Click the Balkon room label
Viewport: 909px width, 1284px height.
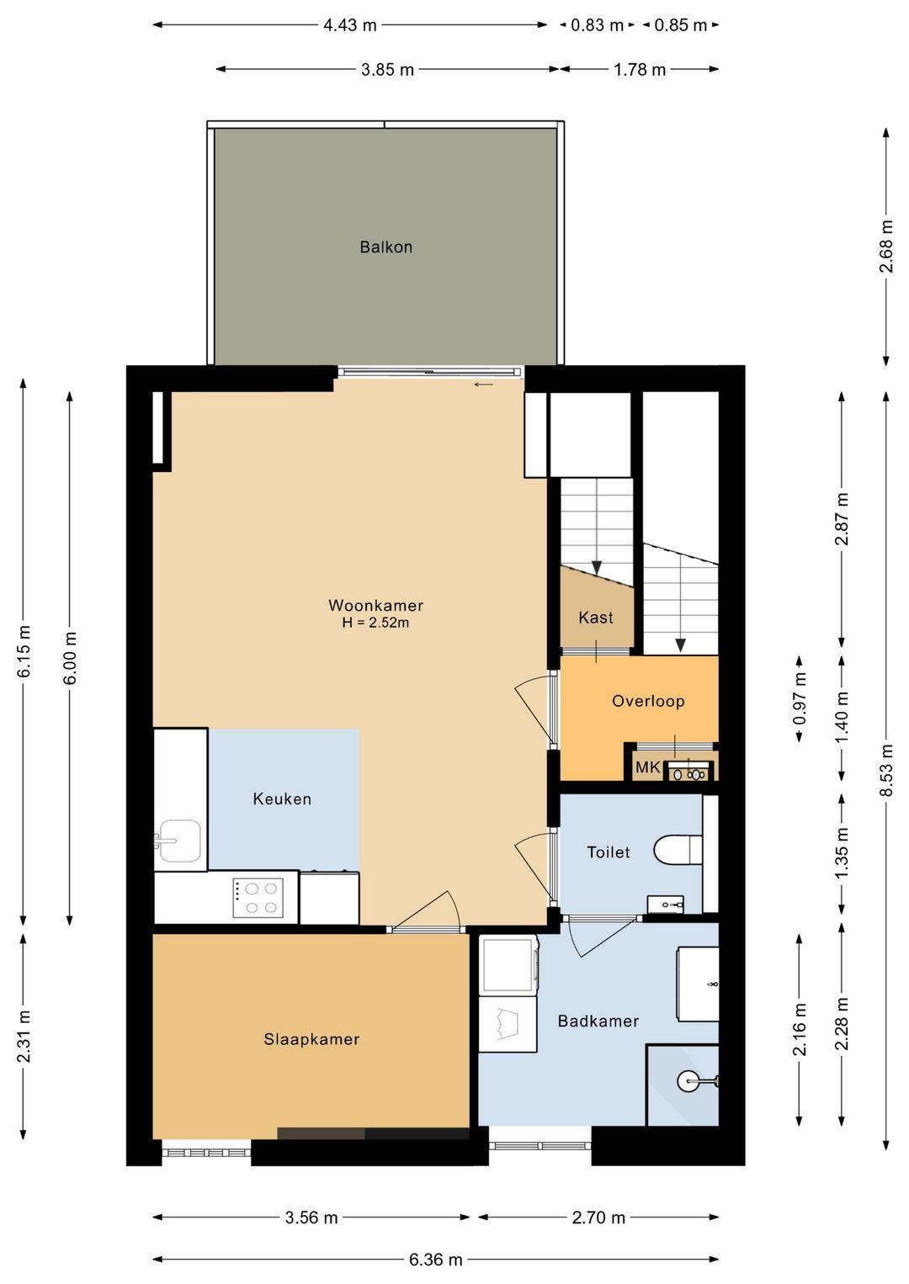[386, 247]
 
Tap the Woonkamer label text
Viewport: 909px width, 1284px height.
[375, 605]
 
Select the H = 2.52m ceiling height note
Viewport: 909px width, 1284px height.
[375, 623]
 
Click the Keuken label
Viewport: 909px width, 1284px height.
[282, 799]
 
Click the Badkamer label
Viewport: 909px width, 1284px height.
[598, 1021]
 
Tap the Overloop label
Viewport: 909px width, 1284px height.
[648, 701]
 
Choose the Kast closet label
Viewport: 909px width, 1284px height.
[596, 618]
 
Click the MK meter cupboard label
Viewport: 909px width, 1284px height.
[647, 767]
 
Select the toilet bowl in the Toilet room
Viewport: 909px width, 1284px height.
[678, 849]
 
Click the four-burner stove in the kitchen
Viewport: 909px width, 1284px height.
[258, 898]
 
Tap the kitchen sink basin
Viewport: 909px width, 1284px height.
[179, 841]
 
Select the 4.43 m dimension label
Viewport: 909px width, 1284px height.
[350, 25]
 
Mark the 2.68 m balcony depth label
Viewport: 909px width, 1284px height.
[886, 247]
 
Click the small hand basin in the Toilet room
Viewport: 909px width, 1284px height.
[665, 904]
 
